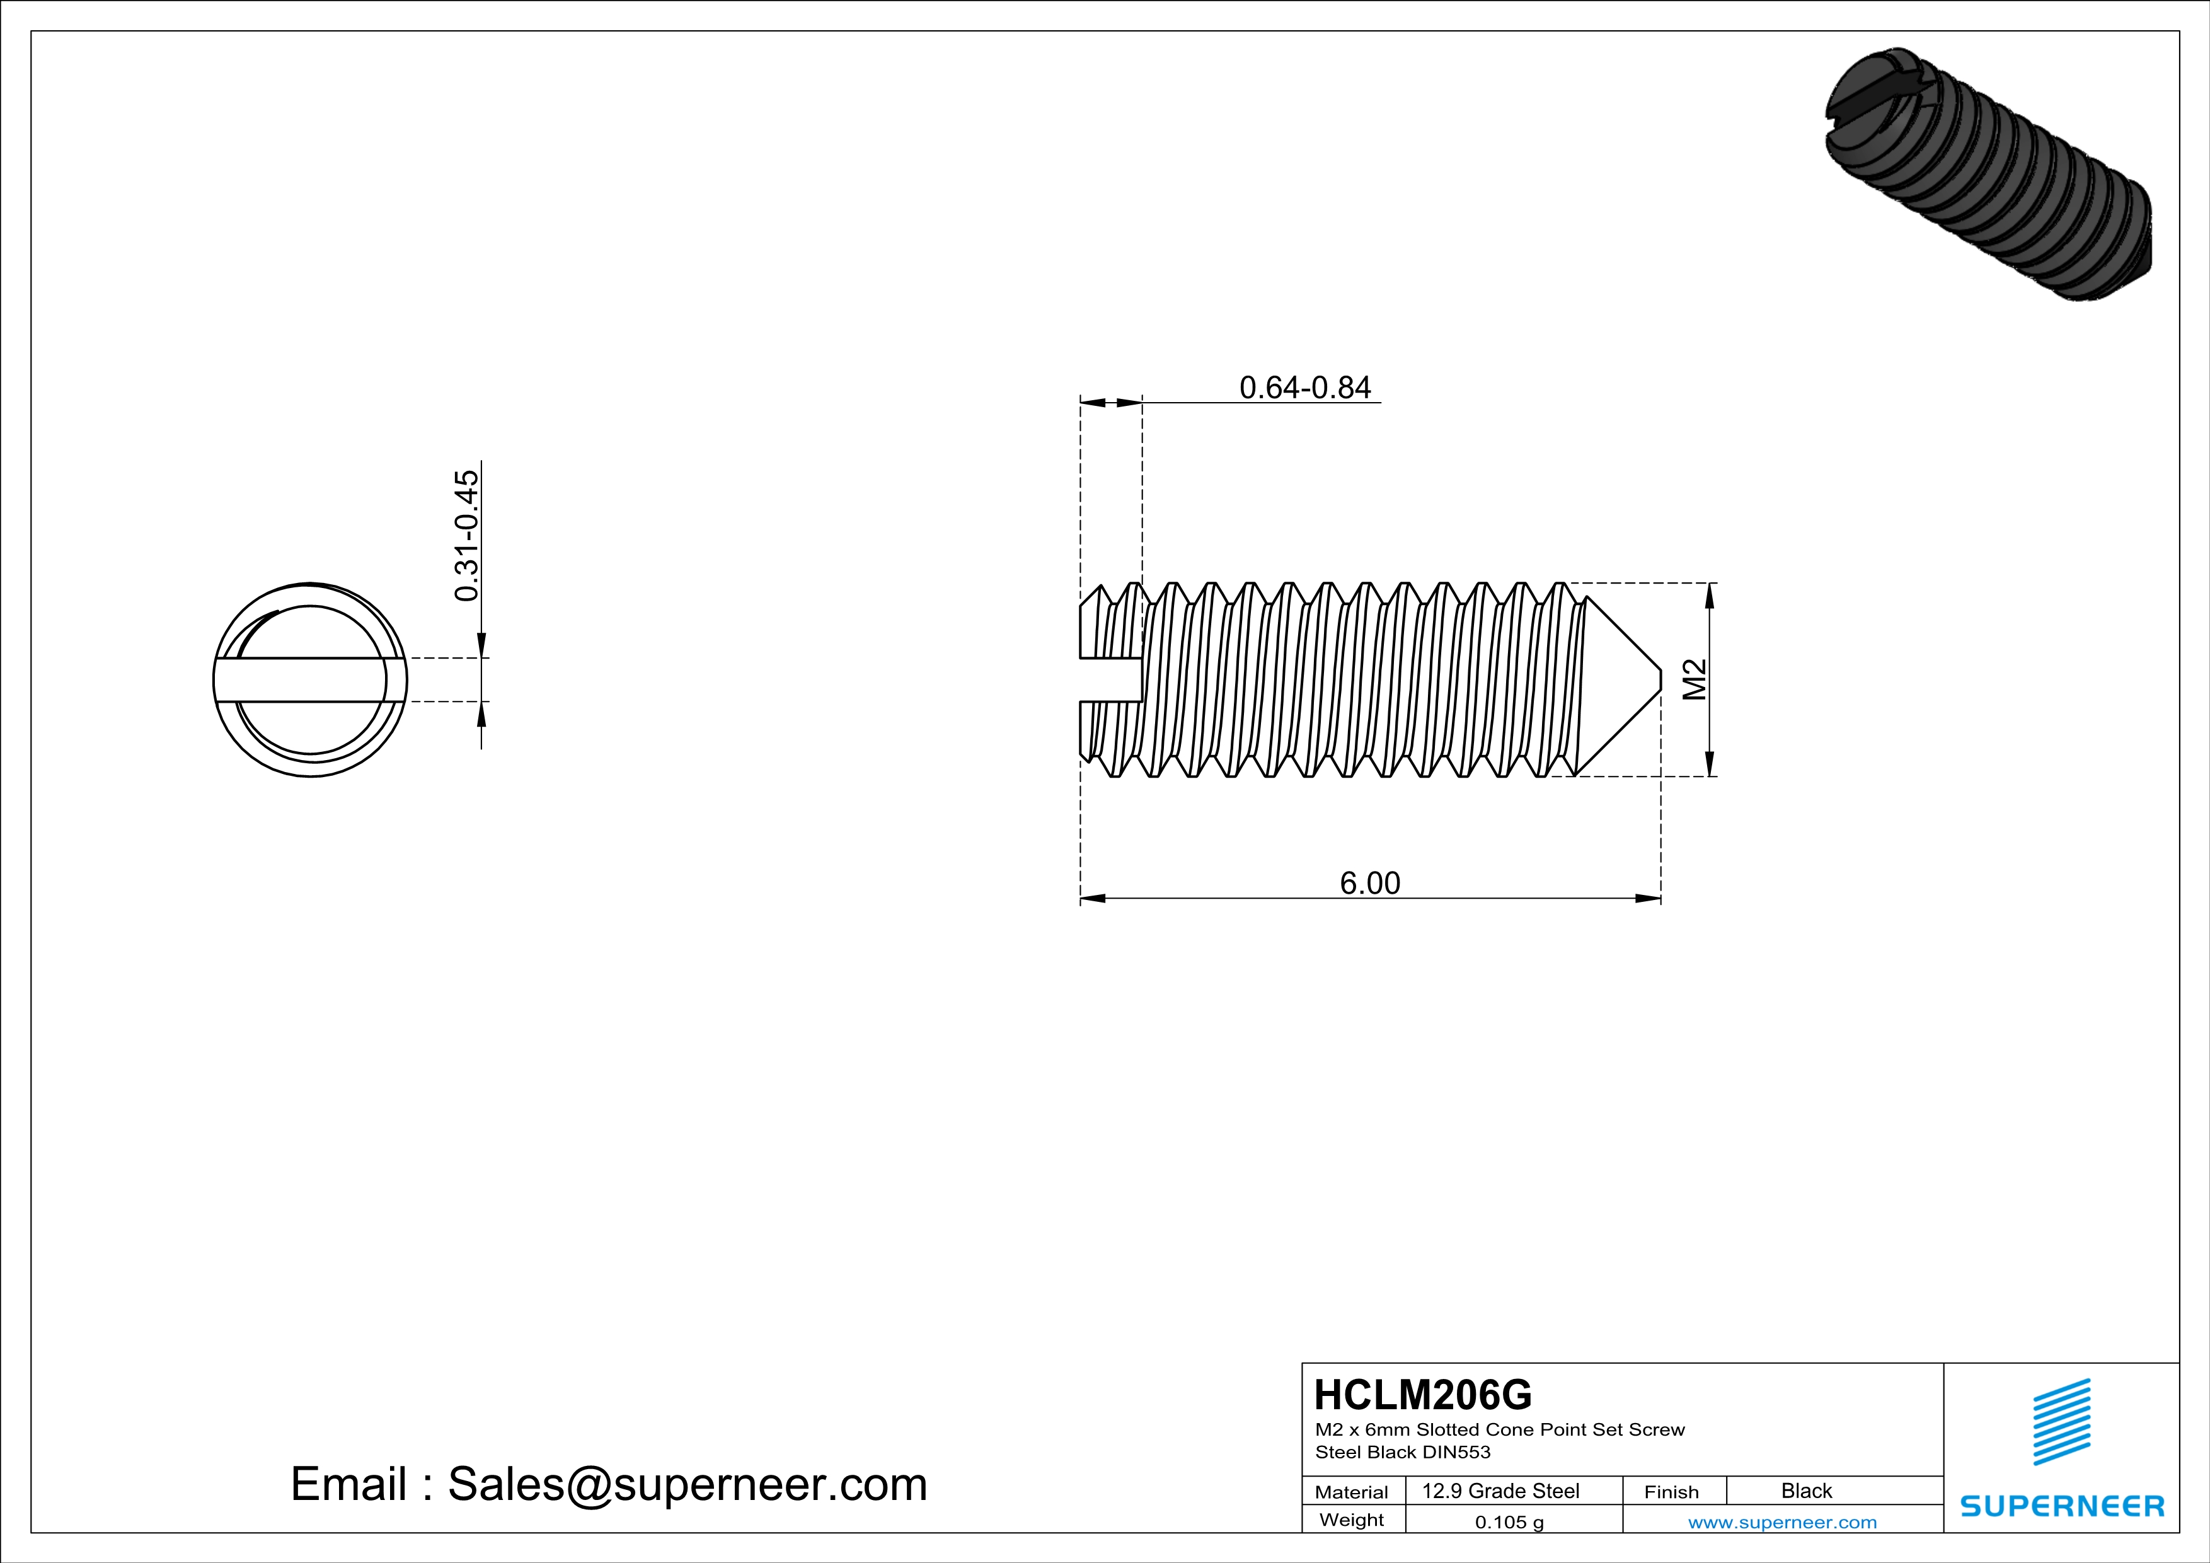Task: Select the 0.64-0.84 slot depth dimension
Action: point(1304,387)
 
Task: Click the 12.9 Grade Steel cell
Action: point(1500,1491)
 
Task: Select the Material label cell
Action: point(1352,1492)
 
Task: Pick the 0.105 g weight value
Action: point(1509,1521)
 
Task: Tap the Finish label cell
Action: point(1671,1492)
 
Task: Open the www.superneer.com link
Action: point(1781,1521)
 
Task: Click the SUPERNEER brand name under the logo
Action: point(2062,1505)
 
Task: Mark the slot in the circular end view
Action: point(310,679)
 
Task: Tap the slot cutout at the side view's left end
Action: point(1110,679)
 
